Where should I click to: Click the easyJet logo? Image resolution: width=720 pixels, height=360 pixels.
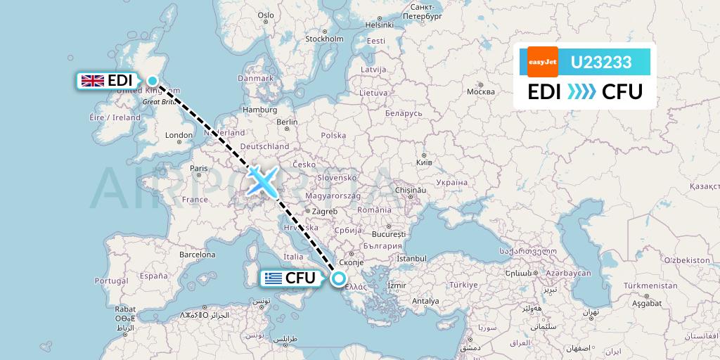(542, 62)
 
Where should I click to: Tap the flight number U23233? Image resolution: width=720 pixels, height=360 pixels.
(600, 63)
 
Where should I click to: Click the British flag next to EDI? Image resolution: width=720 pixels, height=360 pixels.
(92, 81)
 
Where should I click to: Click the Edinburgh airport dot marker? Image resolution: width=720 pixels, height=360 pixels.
(153, 81)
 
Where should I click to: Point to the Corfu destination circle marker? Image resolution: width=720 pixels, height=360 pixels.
(339, 278)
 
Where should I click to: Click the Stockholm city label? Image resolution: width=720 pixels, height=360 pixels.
(323, 39)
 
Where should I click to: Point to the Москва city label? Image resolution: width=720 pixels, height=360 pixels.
(481, 91)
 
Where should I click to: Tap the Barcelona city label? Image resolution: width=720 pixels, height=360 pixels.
(197, 254)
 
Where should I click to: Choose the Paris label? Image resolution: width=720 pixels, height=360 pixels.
(199, 168)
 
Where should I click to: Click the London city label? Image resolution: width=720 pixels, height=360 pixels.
(179, 135)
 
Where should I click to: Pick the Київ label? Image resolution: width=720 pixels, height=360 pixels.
(425, 162)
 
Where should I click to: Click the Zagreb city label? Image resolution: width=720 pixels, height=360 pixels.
(324, 211)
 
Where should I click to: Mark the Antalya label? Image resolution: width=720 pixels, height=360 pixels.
(425, 301)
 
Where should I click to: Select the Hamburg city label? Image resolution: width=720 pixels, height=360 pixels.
(259, 110)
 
